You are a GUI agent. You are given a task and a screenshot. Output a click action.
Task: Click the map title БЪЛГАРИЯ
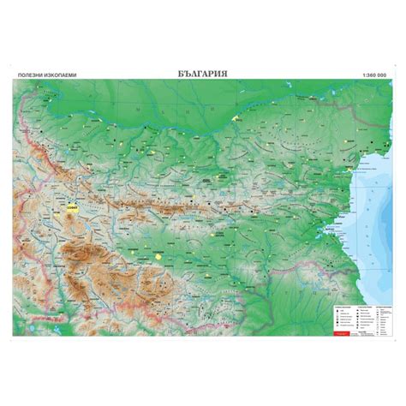pyautogui.click(x=202, y=75)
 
